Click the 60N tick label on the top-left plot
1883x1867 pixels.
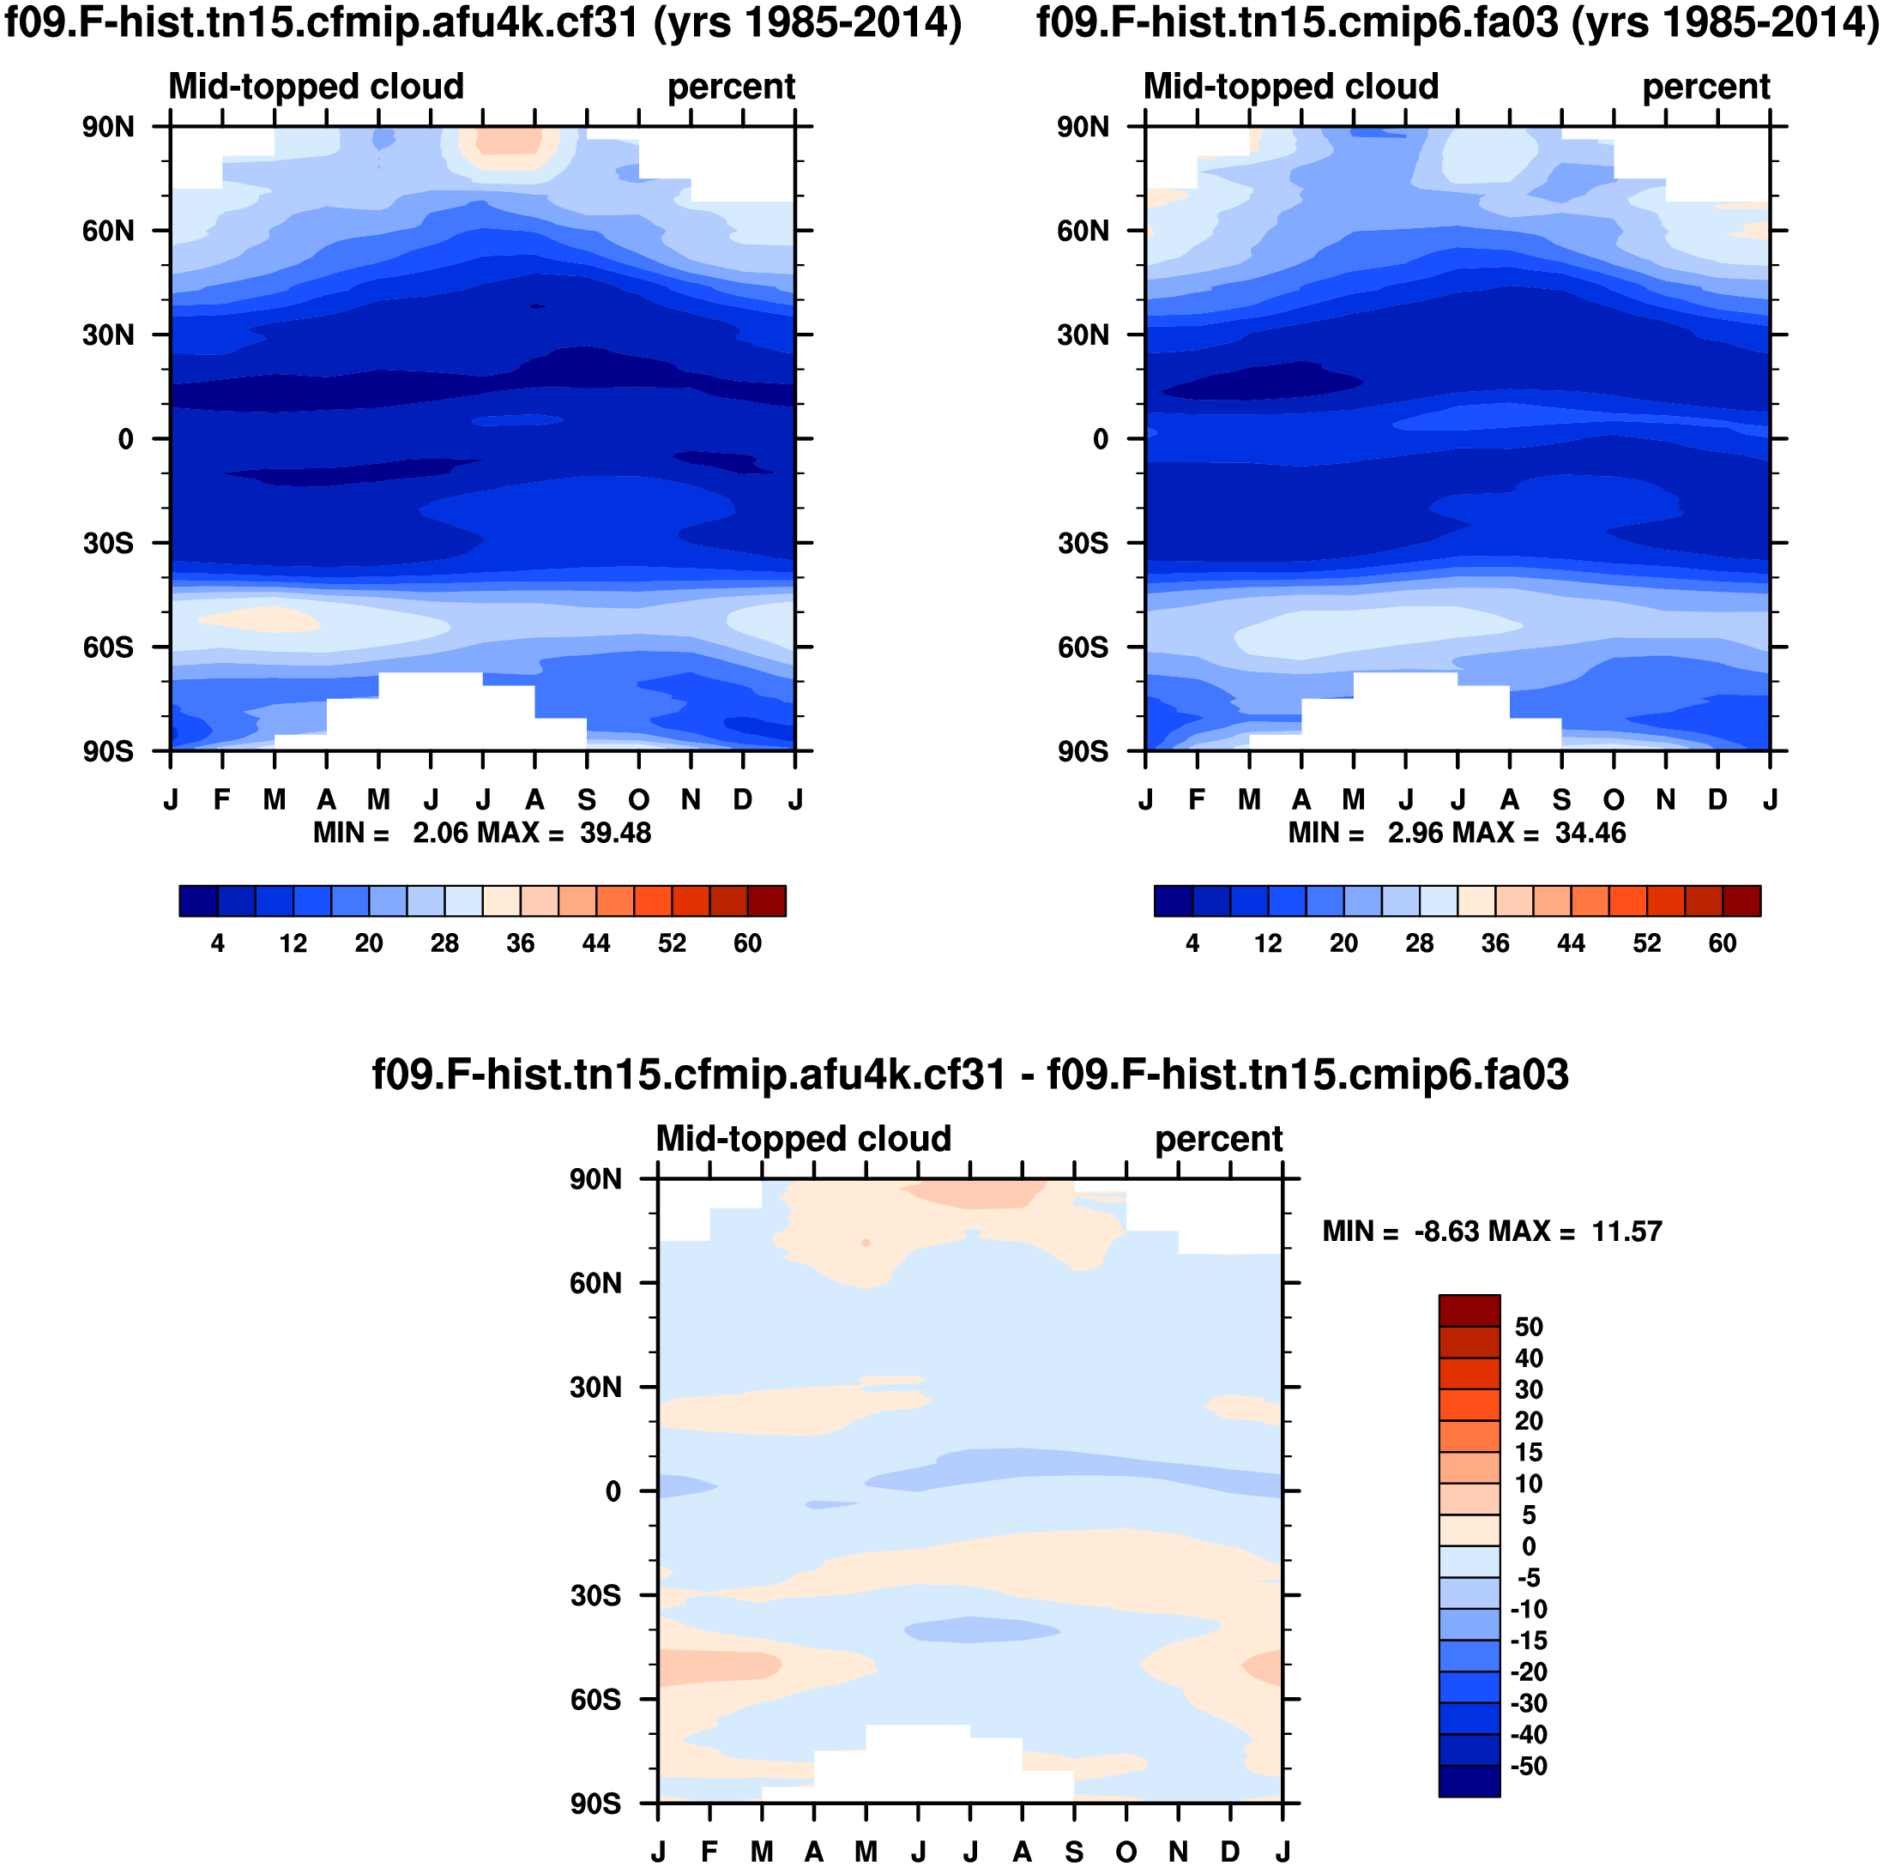coord(107,231)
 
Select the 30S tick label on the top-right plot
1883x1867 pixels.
coord(1083,544)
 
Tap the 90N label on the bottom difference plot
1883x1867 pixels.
coord(595,1180)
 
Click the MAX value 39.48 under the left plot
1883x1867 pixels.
coord(615,833)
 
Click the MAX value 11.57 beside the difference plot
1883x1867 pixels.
coord(1626,1232)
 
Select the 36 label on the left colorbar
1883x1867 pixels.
coord(521,943)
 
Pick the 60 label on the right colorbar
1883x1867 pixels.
coord(1723,943)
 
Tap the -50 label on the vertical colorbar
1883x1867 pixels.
coord(1528,1767)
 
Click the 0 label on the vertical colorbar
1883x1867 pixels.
coord(1528,1546)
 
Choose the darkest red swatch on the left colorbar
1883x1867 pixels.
coord(766,900)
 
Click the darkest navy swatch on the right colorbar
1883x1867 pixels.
coord(1173,900)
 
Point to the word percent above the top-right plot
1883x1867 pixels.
coord(1705,87)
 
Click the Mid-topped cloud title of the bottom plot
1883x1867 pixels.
coord(803,1138)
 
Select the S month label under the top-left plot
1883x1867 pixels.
coord(587,800)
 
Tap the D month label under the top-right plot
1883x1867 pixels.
coord(1717,800)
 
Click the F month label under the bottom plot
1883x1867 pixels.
coord(709,1852)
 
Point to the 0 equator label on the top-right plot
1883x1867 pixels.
coord(1101,439)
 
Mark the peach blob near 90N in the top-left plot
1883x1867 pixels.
coord(508,141)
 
